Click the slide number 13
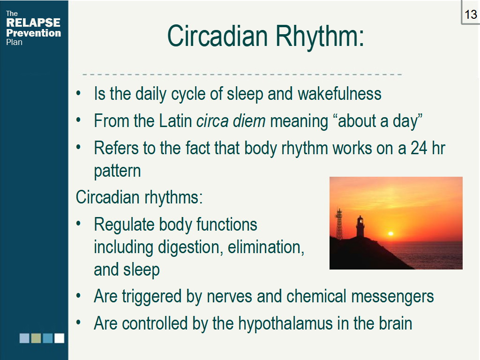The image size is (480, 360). point(471,15)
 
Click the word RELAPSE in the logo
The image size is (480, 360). point(33,22)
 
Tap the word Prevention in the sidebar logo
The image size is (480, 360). point(34,33)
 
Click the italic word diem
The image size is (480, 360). point(249,120)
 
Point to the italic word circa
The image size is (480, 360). point(212,121)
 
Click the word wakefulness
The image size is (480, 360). point(339,93)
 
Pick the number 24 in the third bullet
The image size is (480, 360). point(419,148)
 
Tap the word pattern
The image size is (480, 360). point(117,172)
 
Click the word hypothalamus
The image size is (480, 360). point(285,323)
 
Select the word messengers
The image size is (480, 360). point(392,297)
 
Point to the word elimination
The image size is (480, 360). point(266,247)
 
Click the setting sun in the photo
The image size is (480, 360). point(390,233)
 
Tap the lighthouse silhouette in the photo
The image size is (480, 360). point(360,226)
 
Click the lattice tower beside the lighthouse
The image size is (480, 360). point(339,224)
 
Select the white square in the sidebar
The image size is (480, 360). point(60,338)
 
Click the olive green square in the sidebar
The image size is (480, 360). point(36,338)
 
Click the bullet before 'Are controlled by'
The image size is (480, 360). point(79,322)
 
